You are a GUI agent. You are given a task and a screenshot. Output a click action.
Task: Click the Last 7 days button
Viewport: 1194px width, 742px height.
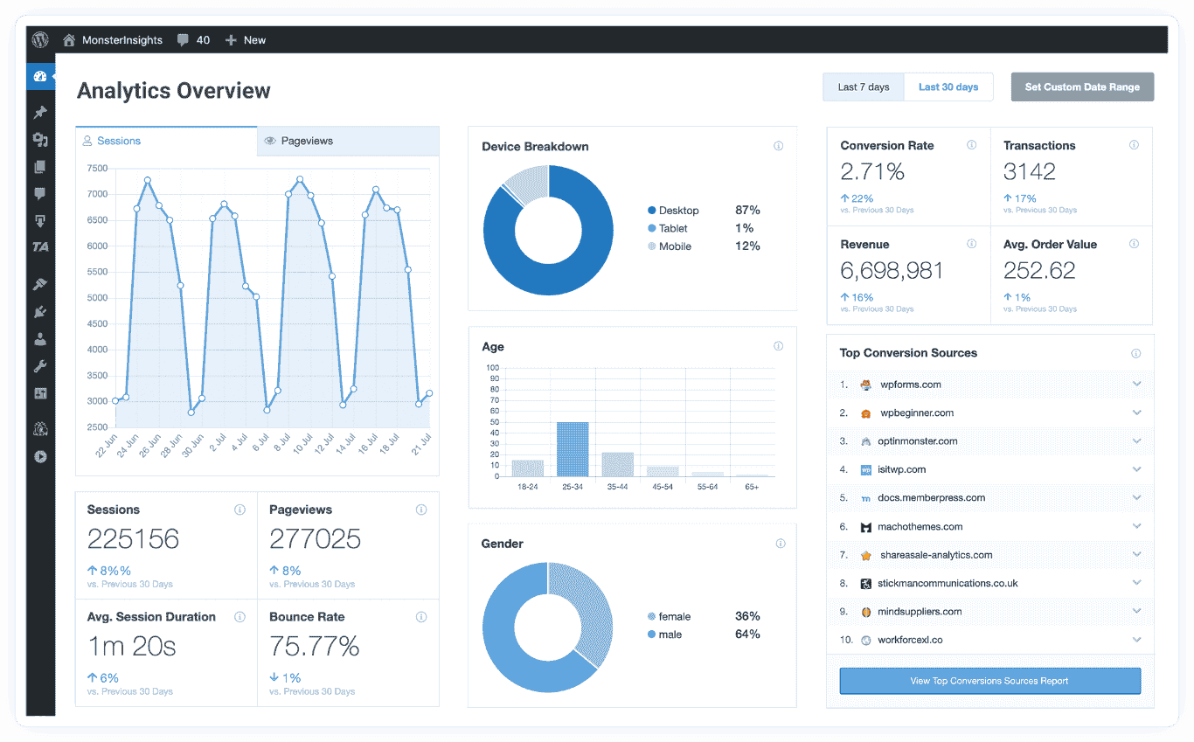click(863, 87)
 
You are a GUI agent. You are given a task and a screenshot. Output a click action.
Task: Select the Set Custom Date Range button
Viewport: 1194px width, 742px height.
click(1082, 87)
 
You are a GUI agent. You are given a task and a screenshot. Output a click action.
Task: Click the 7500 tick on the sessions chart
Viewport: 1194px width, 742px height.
click(97, 168)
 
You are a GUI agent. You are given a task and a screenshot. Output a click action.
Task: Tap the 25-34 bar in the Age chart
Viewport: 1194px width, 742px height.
click(573, 449)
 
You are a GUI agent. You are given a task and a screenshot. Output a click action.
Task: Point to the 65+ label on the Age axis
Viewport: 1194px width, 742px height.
click(752, 486)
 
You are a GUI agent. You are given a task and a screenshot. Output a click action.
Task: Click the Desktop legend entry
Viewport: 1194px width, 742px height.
click(677, 211)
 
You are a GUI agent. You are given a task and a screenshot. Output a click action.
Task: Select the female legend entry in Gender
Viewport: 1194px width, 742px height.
click(673, 616)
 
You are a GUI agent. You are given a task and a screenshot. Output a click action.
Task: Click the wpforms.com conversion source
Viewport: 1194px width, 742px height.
click(910, 385)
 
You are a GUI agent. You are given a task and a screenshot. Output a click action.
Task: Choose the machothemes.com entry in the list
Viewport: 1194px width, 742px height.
click(920, 527)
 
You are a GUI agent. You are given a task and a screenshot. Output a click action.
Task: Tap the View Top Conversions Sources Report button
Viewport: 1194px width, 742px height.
click(989, 681)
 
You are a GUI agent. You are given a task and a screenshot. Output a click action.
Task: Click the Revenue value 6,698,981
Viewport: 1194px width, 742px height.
click(892, 271)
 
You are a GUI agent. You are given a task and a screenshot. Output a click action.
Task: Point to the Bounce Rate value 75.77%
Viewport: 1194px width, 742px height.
click(315, 647)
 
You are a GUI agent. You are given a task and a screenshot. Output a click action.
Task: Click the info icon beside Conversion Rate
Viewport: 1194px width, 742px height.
click(971, 145)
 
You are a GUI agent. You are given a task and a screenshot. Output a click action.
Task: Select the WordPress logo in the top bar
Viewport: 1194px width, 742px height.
click(40, 40)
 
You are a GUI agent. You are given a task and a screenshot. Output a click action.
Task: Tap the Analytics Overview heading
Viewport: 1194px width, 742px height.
click(174, 91)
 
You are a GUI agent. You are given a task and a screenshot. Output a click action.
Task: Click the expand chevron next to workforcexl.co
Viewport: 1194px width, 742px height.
click(1136, 640)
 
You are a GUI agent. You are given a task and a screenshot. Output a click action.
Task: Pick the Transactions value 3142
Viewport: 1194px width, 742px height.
click(1030, 172)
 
